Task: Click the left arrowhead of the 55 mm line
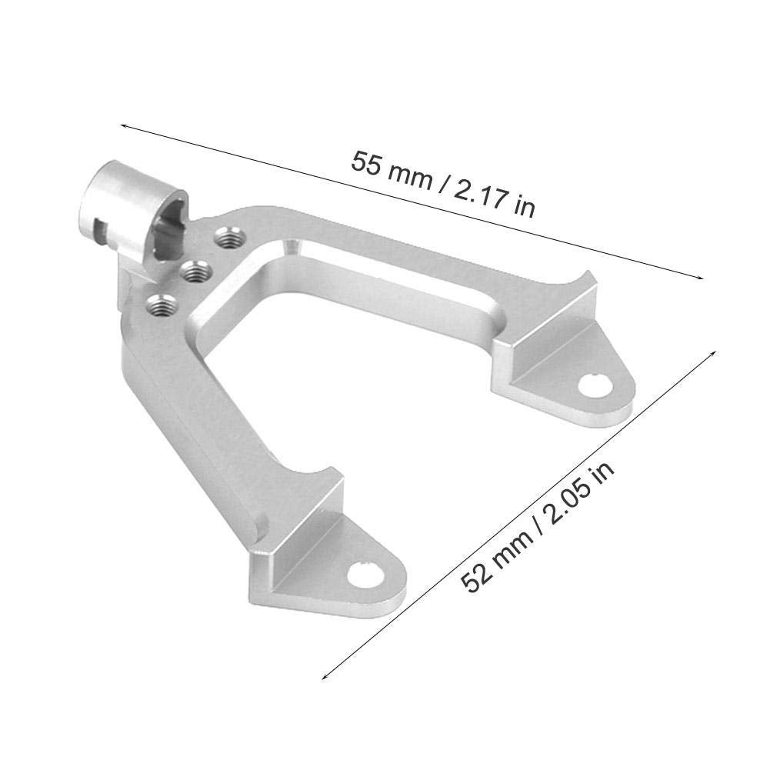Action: (x=123, y=124)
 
